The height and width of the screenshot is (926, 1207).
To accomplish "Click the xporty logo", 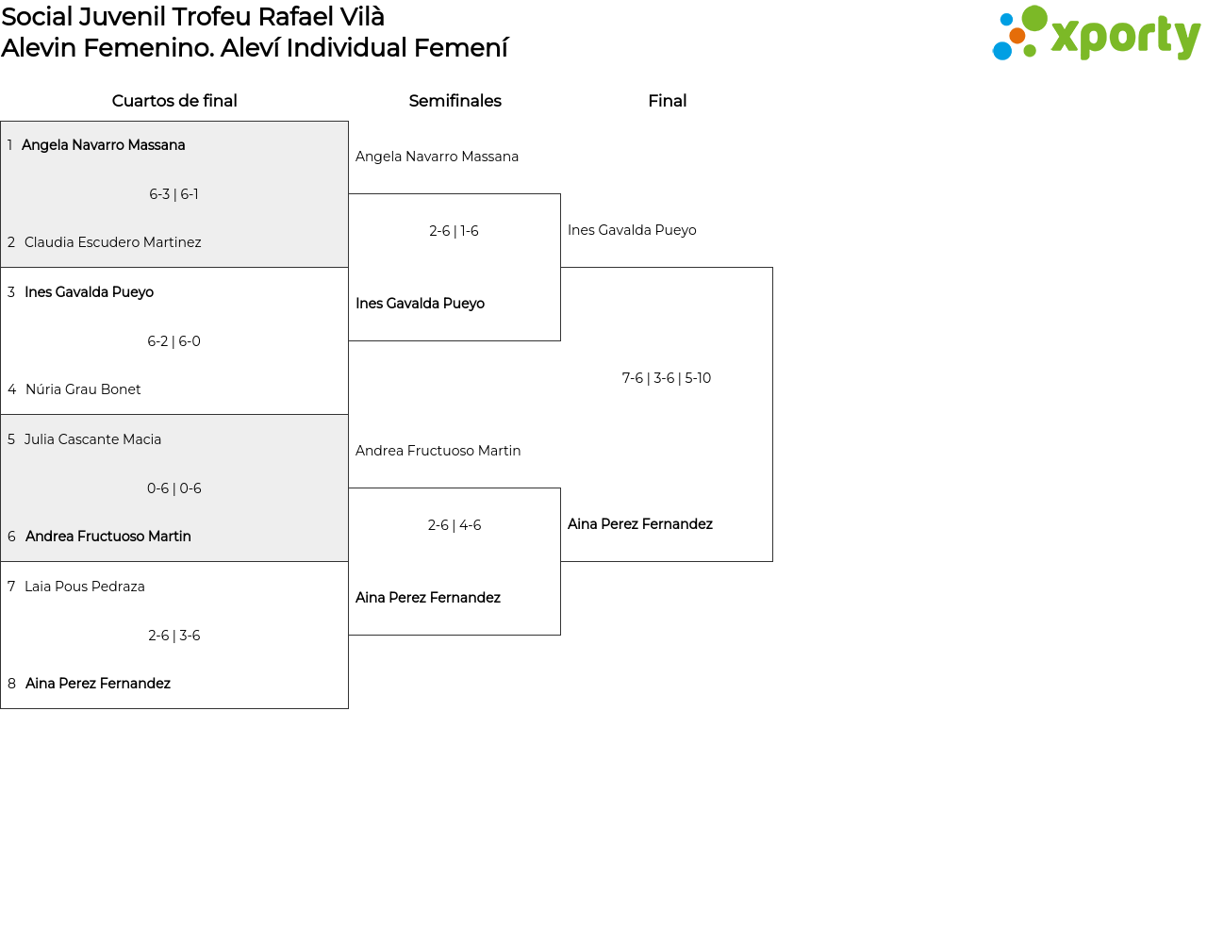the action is (x=1096, y=33).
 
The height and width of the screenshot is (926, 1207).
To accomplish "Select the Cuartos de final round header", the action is (x=174, y=101).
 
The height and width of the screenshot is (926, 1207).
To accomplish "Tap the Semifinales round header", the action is (x=455, y=101).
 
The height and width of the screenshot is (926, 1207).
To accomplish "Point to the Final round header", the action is (x=667, y=101).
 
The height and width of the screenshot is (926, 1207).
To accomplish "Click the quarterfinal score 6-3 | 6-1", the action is (x=174, y=194).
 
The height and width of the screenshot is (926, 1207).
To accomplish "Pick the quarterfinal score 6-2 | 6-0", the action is (x=174, y=341).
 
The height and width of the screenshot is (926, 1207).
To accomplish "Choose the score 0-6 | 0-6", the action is (x=174, y=488).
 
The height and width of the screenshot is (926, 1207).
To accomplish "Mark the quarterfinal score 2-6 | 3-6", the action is (x=174, y=635).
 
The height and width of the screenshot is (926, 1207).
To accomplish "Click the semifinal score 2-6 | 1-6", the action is (x=454, y=230).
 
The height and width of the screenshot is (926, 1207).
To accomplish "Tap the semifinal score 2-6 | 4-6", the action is (x=455, y=525).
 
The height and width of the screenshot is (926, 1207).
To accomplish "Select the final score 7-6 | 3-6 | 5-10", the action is (x=667, y=378).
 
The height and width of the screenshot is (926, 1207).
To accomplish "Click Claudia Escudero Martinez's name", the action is (x=113, y=242).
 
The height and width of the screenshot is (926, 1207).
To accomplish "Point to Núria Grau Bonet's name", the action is (x=83, y=389).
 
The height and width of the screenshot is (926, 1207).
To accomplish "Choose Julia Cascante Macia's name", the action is (x=92, y=438).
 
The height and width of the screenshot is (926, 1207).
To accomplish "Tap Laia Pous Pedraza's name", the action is (x=85, y=586).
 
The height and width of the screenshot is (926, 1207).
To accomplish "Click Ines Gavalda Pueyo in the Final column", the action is (x=632, y=230).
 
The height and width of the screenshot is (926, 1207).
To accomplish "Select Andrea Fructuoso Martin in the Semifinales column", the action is (x=438, y=451).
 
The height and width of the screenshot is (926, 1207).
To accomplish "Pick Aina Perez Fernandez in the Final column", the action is (x=640, y=524).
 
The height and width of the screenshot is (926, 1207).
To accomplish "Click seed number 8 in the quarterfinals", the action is (x=11, y=684).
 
